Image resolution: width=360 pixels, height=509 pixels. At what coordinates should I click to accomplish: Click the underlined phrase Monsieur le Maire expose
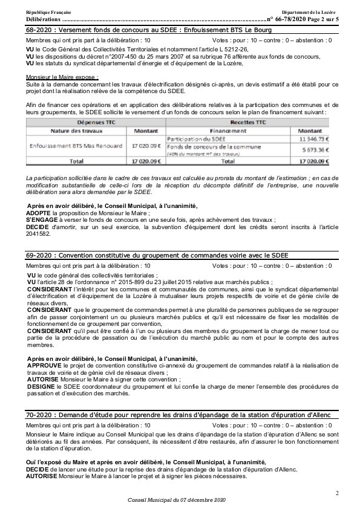(62, 77)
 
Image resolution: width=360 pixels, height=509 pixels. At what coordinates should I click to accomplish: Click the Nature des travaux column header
(67, 130)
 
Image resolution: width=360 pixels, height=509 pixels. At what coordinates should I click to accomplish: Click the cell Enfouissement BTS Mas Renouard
(68, 146)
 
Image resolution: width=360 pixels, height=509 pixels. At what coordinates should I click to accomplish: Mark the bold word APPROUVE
(44, 366)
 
